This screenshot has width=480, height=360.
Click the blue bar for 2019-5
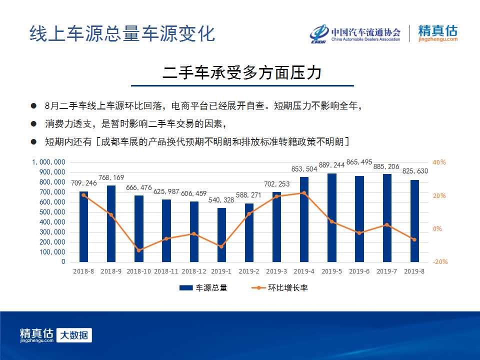point(331,217)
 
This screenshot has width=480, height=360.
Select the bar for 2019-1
point(221,235)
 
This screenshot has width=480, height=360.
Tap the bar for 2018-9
point(111,224)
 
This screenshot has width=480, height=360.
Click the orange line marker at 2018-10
point(138,250)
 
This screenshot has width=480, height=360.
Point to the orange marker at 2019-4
point(304,193)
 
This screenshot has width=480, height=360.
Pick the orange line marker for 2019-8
point(414,239)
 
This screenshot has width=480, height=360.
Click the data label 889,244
point(331,165)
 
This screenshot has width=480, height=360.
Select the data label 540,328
point(221,200)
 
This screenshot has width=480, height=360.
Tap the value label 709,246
point(83,183)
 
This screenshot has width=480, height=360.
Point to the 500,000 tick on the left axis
point(52,212)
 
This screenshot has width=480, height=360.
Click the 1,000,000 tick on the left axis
point(48,162)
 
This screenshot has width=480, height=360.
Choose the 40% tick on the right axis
point(439,162)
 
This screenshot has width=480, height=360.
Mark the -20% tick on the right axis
point(440,261)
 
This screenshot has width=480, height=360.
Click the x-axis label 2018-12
point(194,271)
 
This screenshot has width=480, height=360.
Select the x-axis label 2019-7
point(386,271)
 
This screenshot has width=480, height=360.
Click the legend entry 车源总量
point(203,288)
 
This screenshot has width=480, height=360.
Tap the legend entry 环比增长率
point(279,288)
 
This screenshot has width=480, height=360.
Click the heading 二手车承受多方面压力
point(242,73)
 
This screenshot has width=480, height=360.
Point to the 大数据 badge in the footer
point(74,335)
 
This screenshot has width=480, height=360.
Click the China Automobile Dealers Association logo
point(355,33)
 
